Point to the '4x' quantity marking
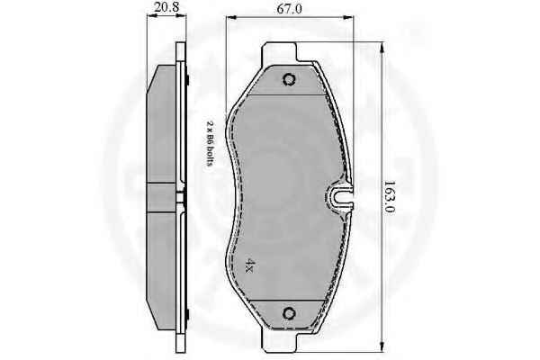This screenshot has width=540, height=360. point(250,265)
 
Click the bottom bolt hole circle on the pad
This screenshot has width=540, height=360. point(289,313)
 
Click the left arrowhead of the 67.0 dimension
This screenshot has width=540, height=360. point(229,16)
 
